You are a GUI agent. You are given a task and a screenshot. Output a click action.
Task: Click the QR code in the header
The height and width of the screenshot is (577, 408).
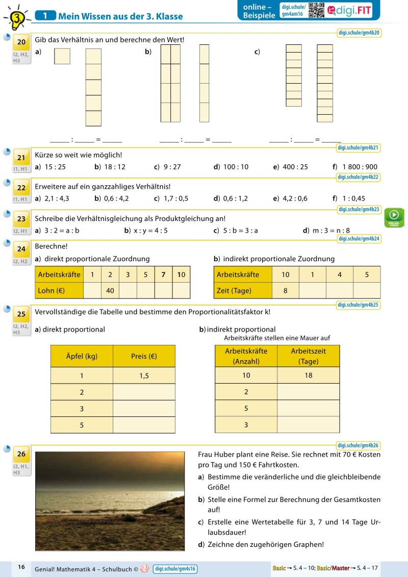tap(316, 10)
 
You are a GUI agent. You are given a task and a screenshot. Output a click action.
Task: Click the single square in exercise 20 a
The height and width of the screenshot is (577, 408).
tap(62, 56)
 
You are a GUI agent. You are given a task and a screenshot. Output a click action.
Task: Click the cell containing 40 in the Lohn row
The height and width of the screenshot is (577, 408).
tap(110, 290)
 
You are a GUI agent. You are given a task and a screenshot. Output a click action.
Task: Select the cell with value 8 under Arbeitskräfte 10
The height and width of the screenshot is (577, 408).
tap(285, 290)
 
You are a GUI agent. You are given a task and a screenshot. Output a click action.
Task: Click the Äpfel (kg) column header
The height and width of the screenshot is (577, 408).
tap(82, 356)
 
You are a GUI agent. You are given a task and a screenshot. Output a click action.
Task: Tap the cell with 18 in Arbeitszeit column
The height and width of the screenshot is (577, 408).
tap(308, 375)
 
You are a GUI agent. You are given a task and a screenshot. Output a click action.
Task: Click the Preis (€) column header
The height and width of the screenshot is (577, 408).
tap(144, 356)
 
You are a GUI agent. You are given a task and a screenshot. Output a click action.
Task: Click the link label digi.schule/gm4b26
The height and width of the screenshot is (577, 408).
tap(359, 445)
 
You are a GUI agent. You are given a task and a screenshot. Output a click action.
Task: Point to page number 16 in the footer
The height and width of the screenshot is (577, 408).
tap(21, 567)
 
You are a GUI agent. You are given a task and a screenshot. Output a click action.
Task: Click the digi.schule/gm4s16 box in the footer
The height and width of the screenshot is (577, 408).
tap(175, 568)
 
